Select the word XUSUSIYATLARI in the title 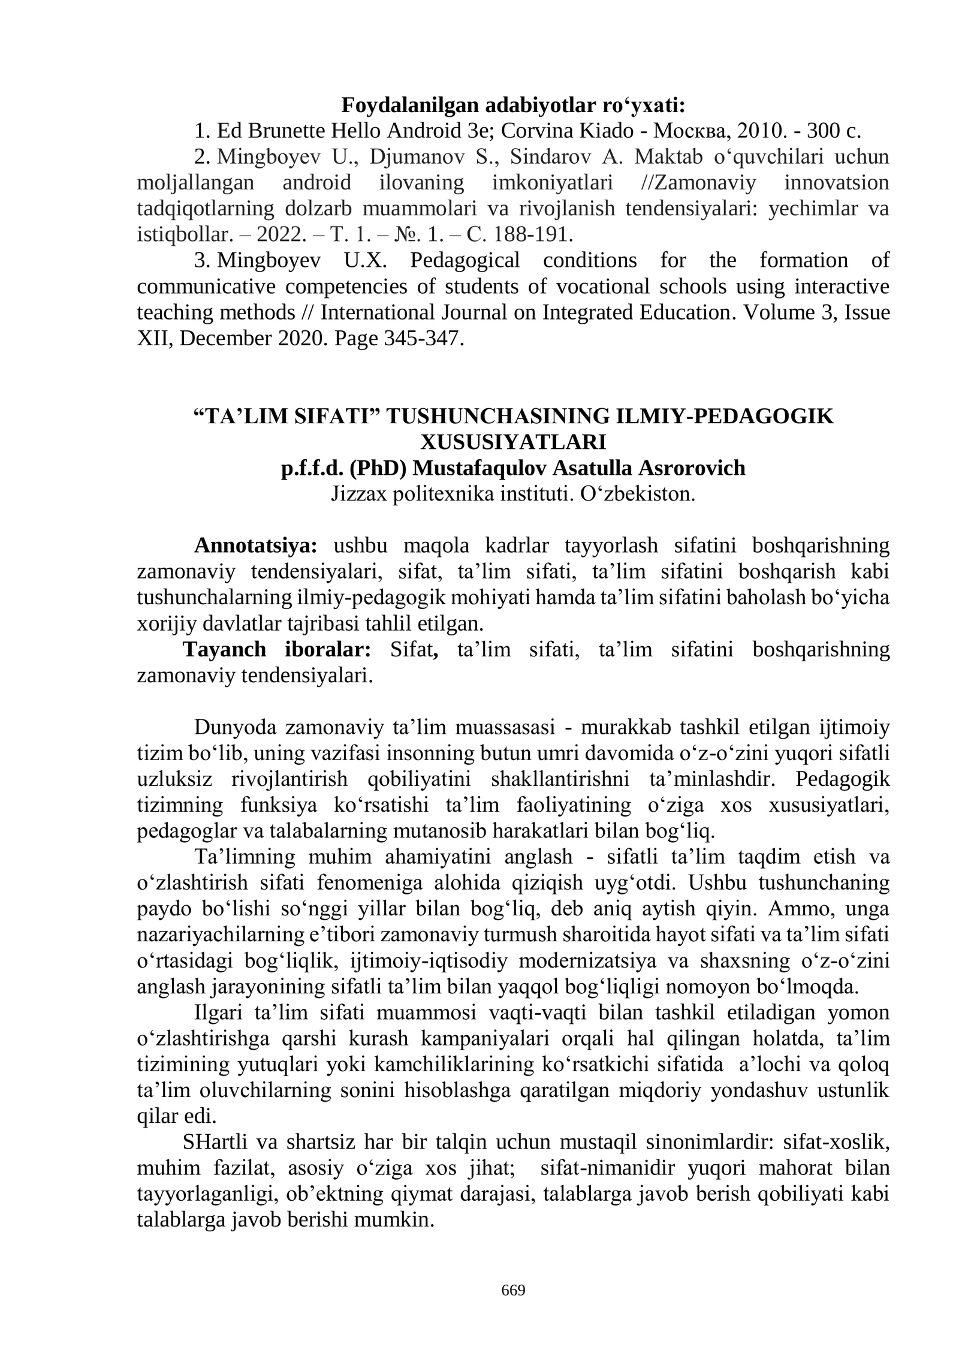coord(513,442)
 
